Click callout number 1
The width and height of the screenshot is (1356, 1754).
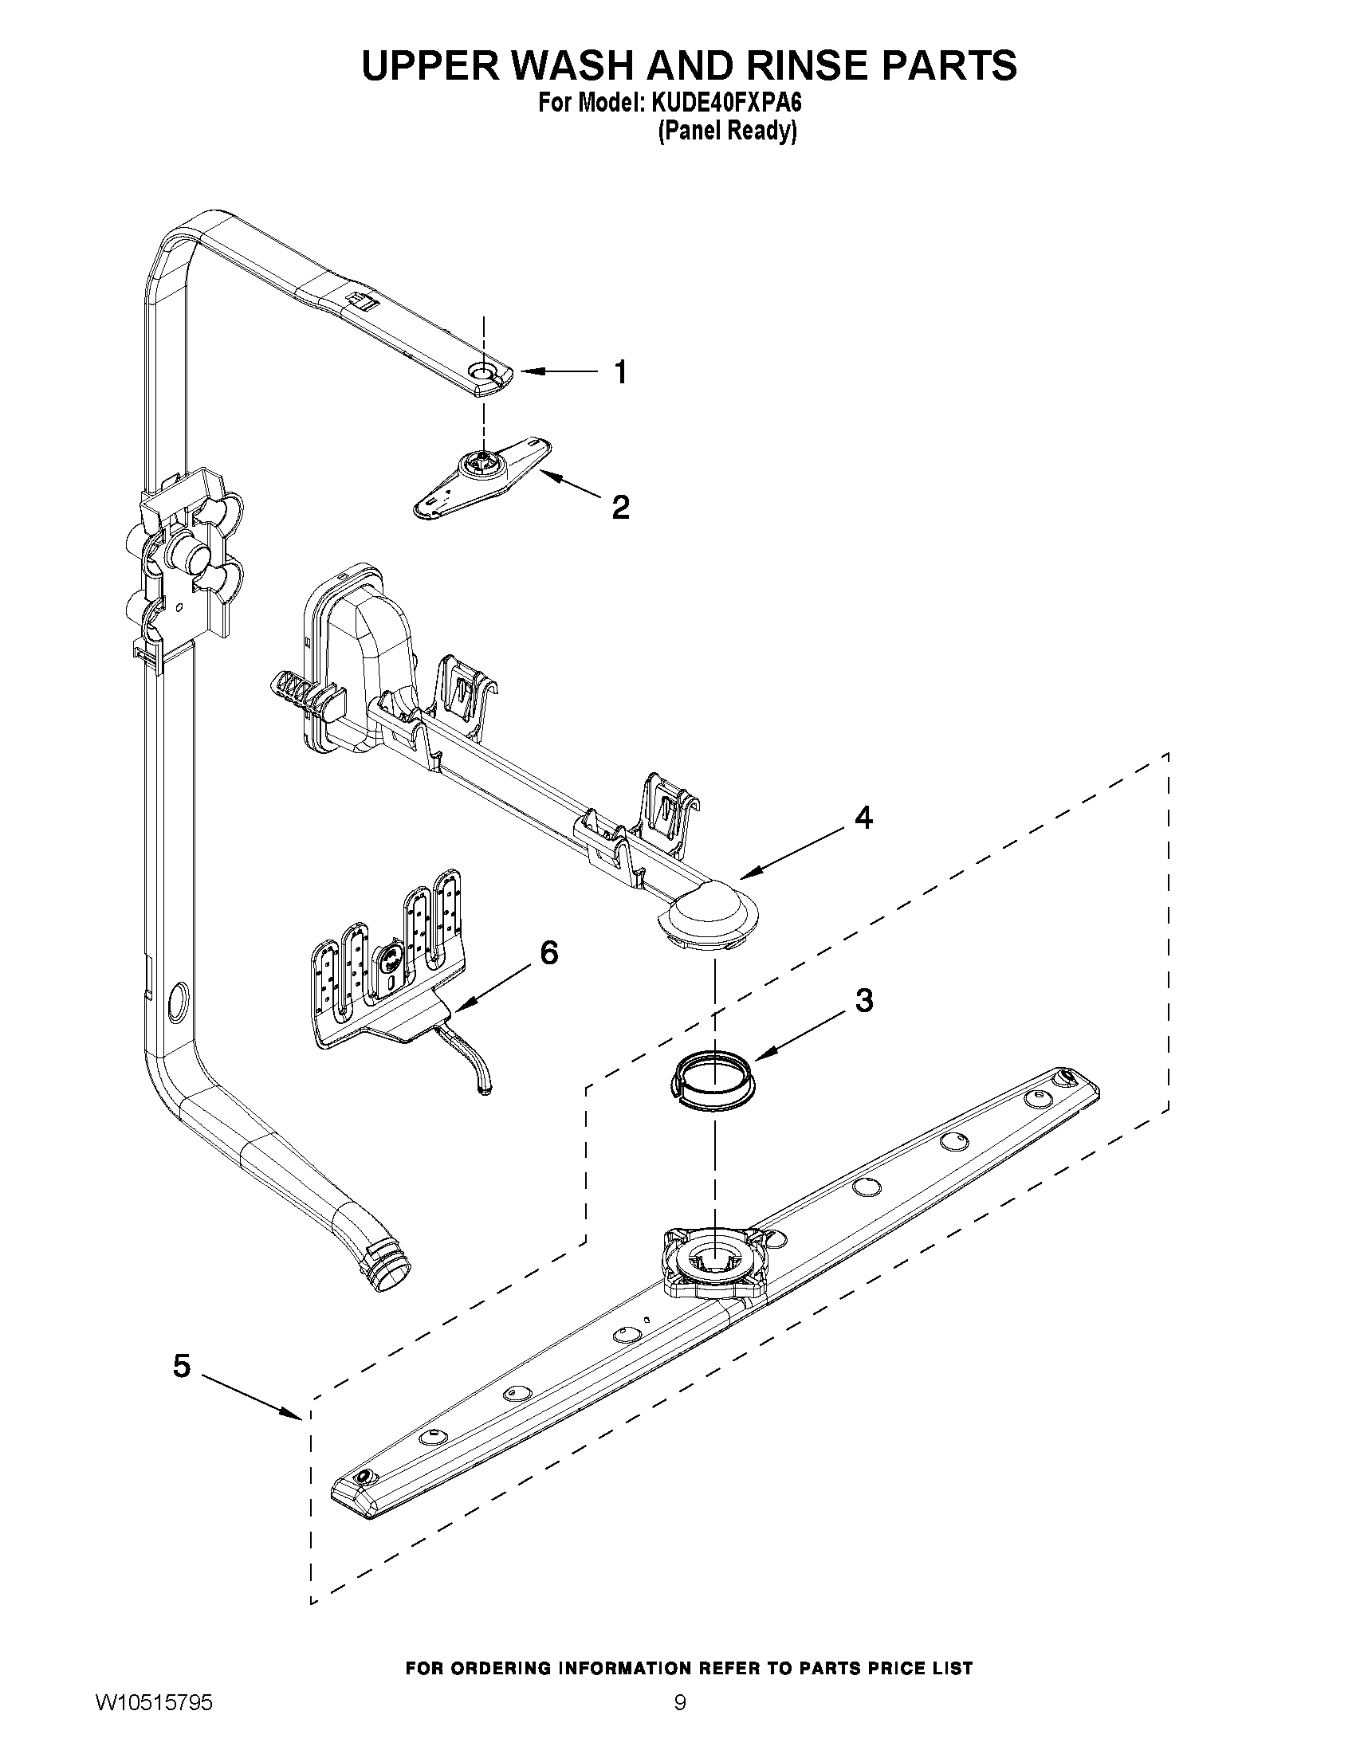pyautogui.click(x=620, y=373)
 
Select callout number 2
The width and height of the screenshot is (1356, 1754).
pyautogui.click(x=620, y=507)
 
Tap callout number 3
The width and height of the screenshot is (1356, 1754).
pyautogui.click(x=863, y=1001)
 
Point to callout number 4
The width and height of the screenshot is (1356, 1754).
pyautogui.click(x=863, y=818)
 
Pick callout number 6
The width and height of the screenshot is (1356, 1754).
pyautogui.click(x=549, y=952)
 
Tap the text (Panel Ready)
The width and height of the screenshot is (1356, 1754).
pyautogui.click(x=727, y=131)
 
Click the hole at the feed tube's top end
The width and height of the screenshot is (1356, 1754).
pyautogui.click(x=483, y=371)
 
